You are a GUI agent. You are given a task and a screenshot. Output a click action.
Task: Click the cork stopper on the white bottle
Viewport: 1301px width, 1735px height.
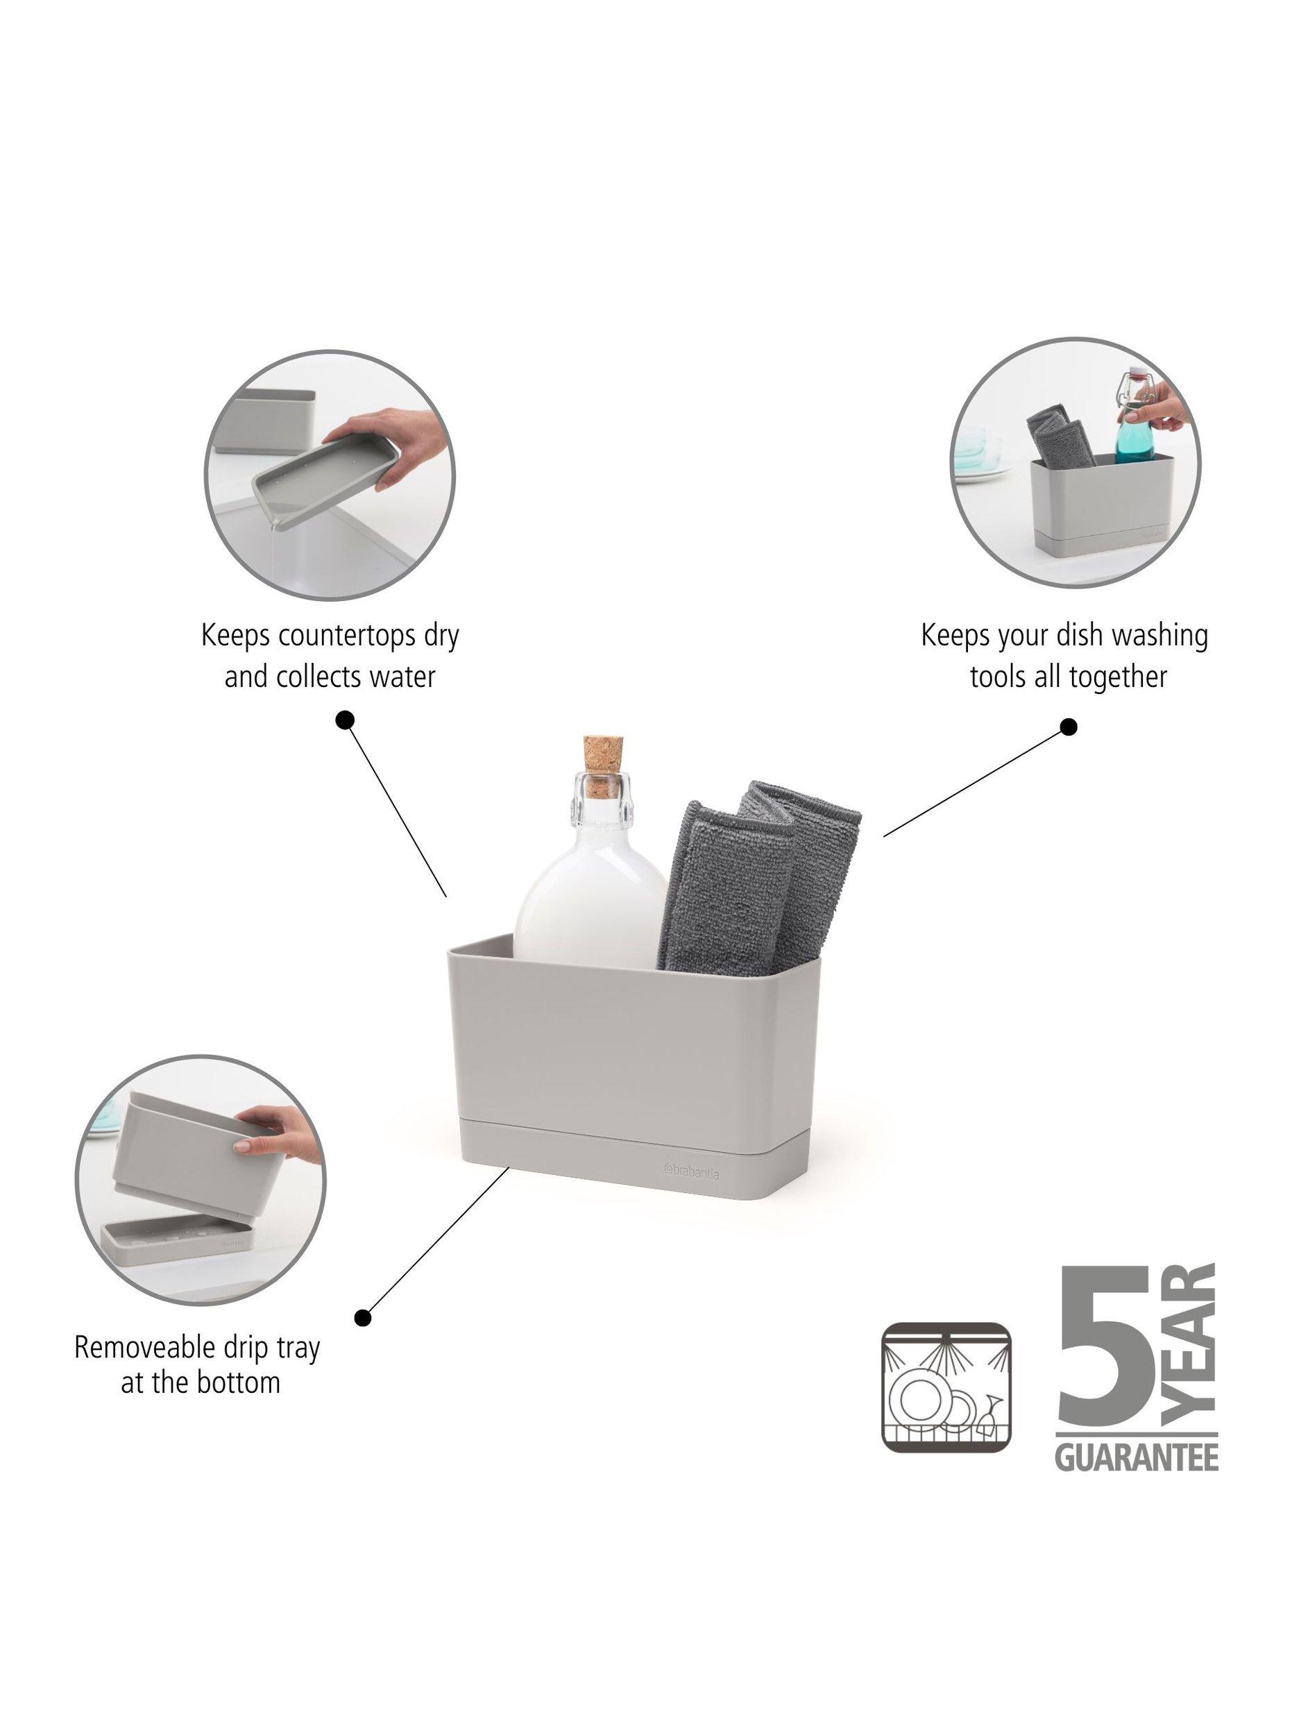coord(602,759)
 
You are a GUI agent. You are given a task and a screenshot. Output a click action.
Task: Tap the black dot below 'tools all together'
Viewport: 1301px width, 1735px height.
coord(1067,727)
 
